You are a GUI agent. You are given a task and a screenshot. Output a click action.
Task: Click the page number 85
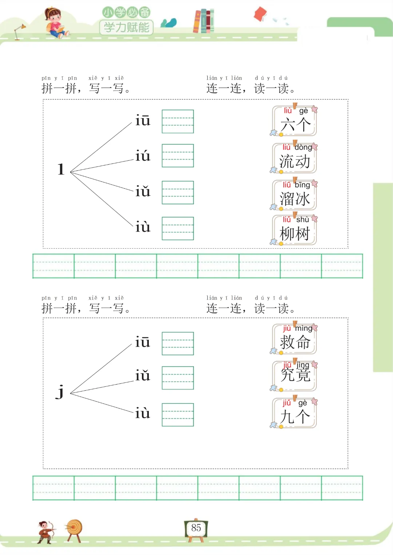coord(196,528)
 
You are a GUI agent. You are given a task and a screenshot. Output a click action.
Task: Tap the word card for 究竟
coord(295,376)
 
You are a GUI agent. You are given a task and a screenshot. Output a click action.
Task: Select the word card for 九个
coord(295,413)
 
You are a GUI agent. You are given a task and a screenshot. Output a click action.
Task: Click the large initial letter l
coord(61,169)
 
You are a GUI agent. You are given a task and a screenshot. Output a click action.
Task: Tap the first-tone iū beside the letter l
coord(143,120)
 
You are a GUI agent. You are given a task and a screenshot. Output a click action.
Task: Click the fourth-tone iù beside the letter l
coord(143,227)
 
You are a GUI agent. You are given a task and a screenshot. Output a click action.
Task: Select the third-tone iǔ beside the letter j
coord(143,375)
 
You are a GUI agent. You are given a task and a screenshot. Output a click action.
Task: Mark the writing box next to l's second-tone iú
coord(178,156)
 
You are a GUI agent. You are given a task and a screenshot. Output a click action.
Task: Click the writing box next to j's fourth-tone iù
coord(178,414)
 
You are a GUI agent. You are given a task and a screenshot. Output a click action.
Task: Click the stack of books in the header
coord(204,21)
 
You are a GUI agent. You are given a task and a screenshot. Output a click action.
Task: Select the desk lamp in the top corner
coord(19,31)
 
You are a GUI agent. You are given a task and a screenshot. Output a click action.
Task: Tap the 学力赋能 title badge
coord(126,27)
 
